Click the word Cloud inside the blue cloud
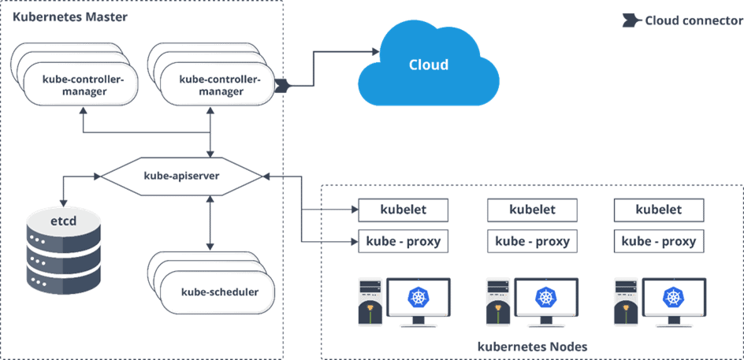click(x=428, y=65)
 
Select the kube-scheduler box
click(x=219, y=292)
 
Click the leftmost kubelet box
click(x=404, y=210)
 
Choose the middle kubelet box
click(x=532, y=210)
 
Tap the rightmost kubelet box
click(x=658, y=210)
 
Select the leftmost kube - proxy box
click(x=404, y=241)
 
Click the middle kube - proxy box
click(x=532, y=241)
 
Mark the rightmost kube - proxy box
click(x=658, y=241)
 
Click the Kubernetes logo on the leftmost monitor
click(x=418, y=298)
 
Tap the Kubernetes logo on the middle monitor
click(x=545, y=298)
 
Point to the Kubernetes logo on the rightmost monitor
click(x=672, y=298)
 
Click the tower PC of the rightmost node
click(x=625, y=301)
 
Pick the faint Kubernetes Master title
click(x=71, y=17)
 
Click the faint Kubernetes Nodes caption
click(x=532, y=347)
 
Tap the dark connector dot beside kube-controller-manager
click(x=283, y=84)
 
